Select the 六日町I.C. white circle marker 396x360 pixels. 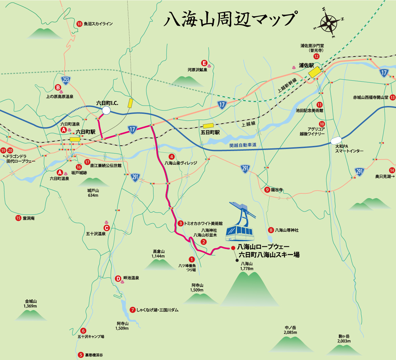coord(106,110)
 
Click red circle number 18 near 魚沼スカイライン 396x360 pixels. coord(80,24)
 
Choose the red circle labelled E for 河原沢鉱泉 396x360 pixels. coord(204,63)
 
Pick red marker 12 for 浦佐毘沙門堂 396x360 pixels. coord(316,57)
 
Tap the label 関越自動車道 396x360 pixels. coord(243,145)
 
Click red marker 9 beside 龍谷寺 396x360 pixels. coord(267,190)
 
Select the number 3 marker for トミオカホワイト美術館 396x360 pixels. coord(181,224)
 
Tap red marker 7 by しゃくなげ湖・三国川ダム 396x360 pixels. coord(133,310)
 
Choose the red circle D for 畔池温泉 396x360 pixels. coord(118,278)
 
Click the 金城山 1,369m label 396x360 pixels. coord(30,303)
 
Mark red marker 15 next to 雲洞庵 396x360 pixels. coord(18,218)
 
